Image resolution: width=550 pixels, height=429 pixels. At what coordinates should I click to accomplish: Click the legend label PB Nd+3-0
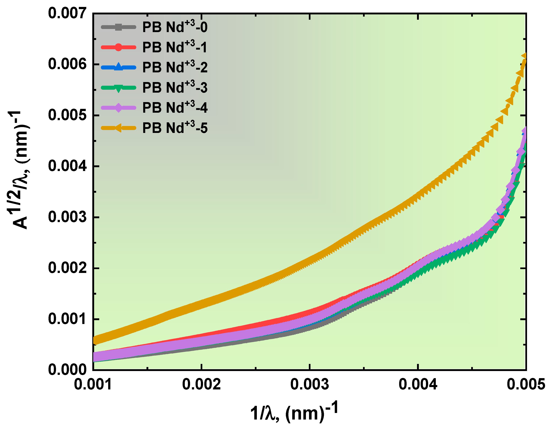pyautogui.click(x=175, y=27)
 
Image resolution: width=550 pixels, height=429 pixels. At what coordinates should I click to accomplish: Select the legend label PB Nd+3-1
pyautogui.click(x=175, y=47)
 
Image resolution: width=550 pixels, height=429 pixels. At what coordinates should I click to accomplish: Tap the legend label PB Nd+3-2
pyautogui.click(x=175, y=67)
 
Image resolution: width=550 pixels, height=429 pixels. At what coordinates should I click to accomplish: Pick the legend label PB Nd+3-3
pyautogui.click(x=175, y=87)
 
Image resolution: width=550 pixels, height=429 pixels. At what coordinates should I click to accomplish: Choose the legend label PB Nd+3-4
pyautogui.click(x=175, y=108)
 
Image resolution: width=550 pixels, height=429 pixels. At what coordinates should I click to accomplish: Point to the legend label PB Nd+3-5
pyautogui.click(x=175, y=128)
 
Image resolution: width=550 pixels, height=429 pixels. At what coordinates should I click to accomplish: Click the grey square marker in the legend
pyautogui.click(x=118, y=27)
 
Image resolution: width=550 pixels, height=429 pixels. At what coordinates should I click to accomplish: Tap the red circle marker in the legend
pyautogui.click(x=118, y=47)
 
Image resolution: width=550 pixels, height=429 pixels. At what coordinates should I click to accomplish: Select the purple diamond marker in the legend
pyautogui.click(x=118, y=108)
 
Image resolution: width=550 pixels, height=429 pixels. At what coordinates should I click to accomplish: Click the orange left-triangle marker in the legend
pyautogui.click(x=118, y=128)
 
